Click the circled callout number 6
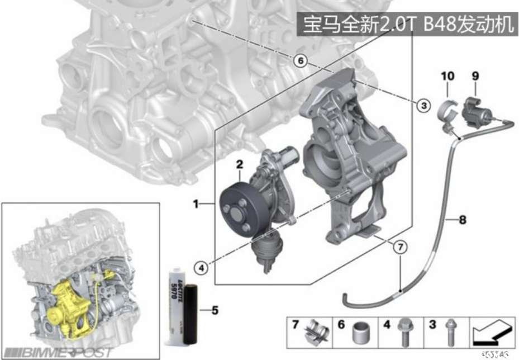301,60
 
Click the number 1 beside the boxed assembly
196,205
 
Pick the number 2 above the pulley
240,164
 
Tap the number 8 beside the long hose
463,220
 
